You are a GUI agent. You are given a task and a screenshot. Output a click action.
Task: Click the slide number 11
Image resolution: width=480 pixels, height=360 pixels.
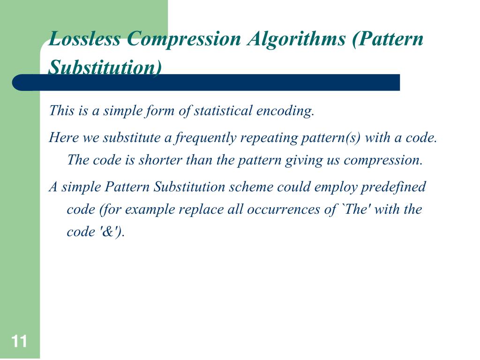[19, 342]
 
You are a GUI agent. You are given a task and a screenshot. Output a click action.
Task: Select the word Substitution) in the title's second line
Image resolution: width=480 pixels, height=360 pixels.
[105, 67]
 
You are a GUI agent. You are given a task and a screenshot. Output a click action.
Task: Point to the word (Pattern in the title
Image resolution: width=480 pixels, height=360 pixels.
[387, 39]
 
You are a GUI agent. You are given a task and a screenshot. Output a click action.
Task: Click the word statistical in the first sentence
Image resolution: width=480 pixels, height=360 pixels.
[223, 112]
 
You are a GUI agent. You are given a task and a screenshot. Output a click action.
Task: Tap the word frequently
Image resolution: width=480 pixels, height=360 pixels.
[207, 138]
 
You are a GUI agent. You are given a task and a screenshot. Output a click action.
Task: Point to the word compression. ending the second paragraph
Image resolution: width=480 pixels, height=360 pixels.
[383, 160]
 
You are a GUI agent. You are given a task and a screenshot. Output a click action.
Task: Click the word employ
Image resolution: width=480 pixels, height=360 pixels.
[331, 187]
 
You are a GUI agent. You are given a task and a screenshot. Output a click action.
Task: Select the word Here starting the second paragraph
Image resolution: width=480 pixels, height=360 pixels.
[65, 138]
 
